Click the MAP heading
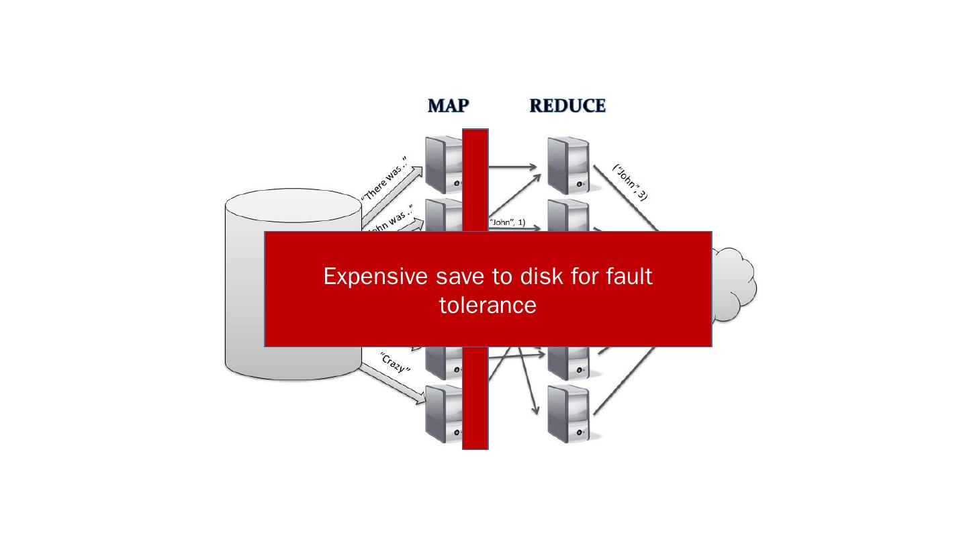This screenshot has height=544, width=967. [x=449, y=106]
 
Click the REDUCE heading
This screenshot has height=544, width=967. [x=567, y=106]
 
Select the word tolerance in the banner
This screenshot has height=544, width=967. [x=488, y=305]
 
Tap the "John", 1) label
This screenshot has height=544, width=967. [x=508, y=222]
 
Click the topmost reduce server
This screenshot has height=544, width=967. [x=568, y=165]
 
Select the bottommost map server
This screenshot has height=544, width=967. [x=444, y=415]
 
